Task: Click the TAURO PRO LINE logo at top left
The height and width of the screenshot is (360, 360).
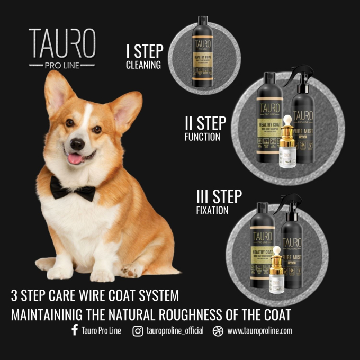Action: pyautogui.click(x=62, y=48)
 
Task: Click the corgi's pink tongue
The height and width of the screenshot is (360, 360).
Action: pyautogui.click(x=75, y=158)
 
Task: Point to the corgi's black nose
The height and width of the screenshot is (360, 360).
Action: pyautogui.click(x=77, y=143)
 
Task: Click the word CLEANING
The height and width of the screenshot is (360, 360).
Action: pyautogui.click(x=143, y=66)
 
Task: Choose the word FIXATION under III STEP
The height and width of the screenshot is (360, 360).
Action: pyautogui.click(x=212, y=210)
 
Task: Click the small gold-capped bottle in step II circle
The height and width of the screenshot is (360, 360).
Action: pyautogui.click(x=288, y=148)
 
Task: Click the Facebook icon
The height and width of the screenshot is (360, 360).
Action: pyautogui.click(x=74, y=331)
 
